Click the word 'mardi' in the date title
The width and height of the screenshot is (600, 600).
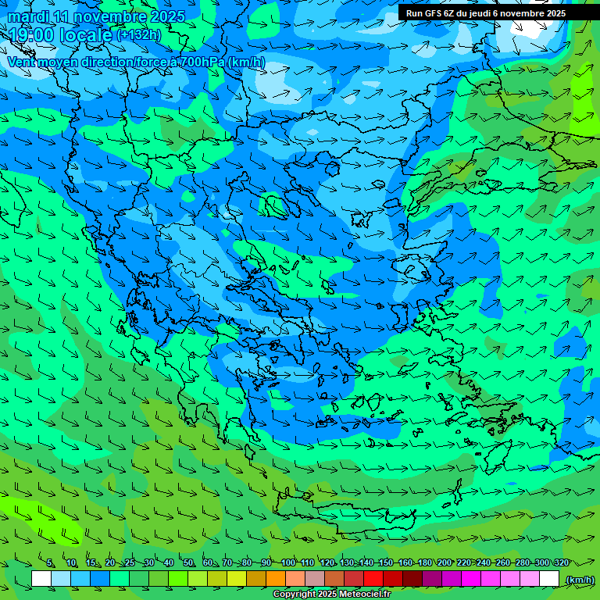28,16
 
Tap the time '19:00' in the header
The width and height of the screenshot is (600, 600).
29,34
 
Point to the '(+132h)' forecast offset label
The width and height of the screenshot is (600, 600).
139,35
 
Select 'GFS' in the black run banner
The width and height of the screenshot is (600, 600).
433,13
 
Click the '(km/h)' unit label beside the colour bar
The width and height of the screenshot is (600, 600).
580,580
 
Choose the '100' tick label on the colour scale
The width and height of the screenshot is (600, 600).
288,562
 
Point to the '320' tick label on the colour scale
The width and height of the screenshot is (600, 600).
560,562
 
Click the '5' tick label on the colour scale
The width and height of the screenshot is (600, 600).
50,562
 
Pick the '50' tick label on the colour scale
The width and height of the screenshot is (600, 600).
188,562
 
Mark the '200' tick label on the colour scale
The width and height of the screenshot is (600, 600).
444,562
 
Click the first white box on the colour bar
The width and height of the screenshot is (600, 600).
41,579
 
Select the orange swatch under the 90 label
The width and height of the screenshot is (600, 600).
276,579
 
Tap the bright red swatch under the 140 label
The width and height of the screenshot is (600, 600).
373,579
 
